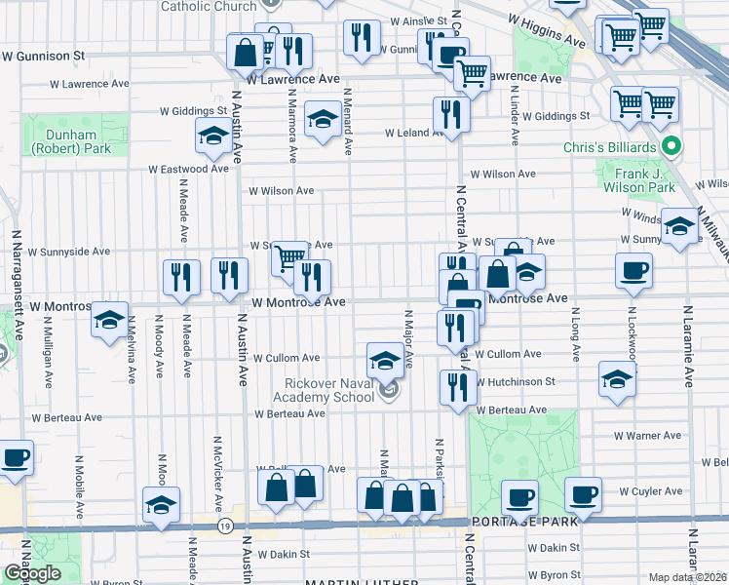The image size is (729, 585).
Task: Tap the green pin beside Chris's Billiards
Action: pos(671,148)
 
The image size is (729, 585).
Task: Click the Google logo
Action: pos(32,573)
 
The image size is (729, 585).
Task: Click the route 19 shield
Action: pos(225,526)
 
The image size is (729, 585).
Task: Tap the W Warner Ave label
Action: pos(647,436)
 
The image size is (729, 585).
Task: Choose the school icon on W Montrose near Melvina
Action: pos(110,318)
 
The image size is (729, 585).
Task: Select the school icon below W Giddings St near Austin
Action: pos(212,136)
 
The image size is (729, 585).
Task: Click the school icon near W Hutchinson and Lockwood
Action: pos(617,380)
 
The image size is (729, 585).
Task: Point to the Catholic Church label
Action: pos(209,6)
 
